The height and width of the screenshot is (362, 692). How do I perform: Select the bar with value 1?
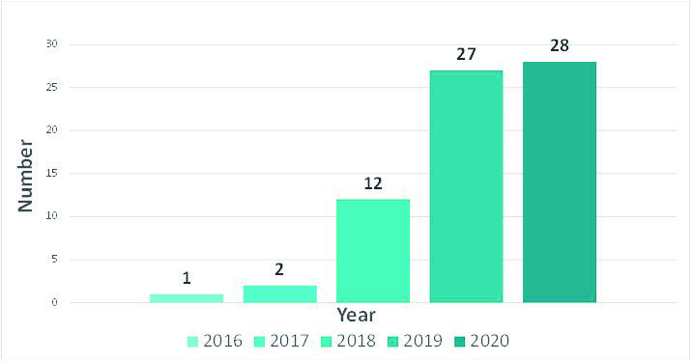tap(187, 298)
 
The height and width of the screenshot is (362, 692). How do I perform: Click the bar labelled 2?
tap(280, 294)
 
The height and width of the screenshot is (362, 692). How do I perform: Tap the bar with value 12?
tap(373, 251)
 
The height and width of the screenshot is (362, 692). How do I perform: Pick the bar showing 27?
tap(466, 186)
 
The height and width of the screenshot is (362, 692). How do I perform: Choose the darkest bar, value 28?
tap(560, 182)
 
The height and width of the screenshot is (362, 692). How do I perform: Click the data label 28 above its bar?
tap(560, 45)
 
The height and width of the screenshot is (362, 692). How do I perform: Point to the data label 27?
tap(466, 54)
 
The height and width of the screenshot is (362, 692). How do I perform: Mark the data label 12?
tap(373, 183)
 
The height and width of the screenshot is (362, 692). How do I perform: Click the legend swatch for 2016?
tap(192, 342)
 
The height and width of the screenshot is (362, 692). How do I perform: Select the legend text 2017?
tap(290, 341)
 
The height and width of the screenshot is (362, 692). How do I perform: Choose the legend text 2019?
tap(422, 341)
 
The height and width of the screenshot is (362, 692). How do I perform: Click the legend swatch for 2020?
tap(459, 342)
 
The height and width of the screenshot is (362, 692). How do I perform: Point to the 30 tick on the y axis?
tap(52, 44)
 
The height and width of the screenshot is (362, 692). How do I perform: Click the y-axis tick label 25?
tap(52, 87)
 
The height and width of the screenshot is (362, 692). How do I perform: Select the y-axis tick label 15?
tap(52, 174)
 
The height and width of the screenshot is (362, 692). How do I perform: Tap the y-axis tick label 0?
tap(54, 302)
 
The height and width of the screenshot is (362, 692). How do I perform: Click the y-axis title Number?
tap(25, 176)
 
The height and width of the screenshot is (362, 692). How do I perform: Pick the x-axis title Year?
tap(357, 316)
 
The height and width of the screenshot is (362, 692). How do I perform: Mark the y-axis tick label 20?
tap(52, 130)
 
